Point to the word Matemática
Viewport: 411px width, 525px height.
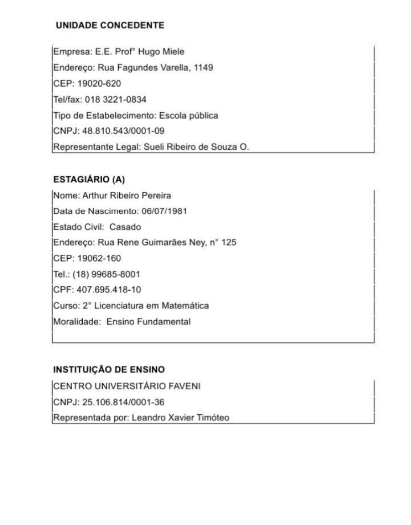[x=187, y=306]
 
